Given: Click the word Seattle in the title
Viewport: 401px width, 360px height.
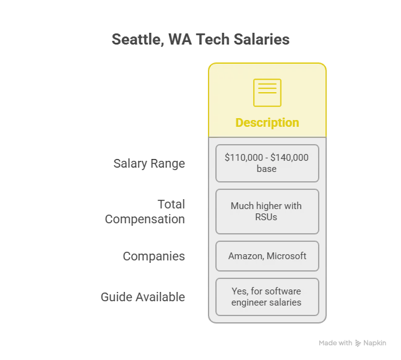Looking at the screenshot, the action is pos(138,40).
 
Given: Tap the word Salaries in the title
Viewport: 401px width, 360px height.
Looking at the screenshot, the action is pos(261,39).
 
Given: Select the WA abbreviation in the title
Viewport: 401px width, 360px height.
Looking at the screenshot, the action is pos(180,40).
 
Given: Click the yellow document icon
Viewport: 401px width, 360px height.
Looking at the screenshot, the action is pos(267,93).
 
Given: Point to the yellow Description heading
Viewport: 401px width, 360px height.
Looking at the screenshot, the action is pos(267,122).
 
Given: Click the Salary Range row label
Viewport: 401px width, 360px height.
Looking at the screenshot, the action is pos(149,163).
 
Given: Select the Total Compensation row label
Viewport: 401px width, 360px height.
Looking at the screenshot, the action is pos(145,212).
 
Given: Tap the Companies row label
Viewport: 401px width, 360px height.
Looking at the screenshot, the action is pos(153,256).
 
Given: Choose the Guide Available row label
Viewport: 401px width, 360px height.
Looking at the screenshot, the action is pos(143,297).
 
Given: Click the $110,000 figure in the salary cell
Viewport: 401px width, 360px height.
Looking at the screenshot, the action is pos(244,158).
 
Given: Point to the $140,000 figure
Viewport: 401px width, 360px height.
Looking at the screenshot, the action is pos(289,158).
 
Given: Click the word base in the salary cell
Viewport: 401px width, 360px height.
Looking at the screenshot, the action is pos(267,169).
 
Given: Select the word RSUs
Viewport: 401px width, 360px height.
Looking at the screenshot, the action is pos(266,217).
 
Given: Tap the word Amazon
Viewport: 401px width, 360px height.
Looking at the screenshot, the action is pos(246,256).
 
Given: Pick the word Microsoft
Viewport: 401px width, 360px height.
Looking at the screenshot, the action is pos(287,256).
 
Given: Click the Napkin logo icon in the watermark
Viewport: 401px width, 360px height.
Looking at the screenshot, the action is pos(358,343).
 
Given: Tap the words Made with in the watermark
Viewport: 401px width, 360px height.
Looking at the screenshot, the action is pos(335,343).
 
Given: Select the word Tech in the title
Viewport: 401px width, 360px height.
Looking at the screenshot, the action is pos(213,40).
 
